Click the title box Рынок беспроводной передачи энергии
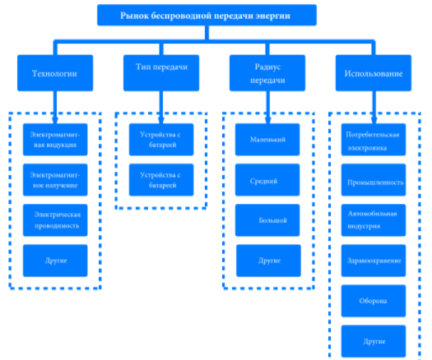tap(207, 15)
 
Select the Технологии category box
tap(55, 73)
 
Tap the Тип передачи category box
tap(161, 73)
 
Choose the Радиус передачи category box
tap(267, 73)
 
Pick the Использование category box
tap(374, 73)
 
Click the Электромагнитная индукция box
tap(55, 140)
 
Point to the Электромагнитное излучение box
tap(55, 180)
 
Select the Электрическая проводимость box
tap(55, 220)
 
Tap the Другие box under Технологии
tap(55, 261)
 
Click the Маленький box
tap(267, 140)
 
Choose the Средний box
tap(267, 180)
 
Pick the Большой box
tap(267, 220)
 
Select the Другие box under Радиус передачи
tap(268, 261)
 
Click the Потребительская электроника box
tap(374, 140)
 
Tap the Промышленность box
tap(374, 180)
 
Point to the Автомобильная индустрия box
tap(374, 220)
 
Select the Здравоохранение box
tap(374, 261)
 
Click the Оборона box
tap(374, 301)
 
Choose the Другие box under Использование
tap(374, 341)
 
